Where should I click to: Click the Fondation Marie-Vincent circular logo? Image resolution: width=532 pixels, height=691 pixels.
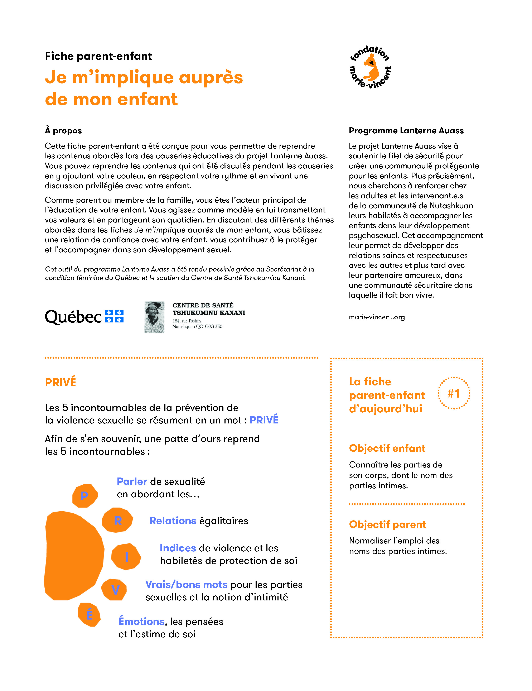370,67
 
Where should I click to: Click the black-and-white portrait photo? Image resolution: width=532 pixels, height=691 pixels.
154,317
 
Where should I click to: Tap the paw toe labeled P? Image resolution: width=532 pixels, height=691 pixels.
84,495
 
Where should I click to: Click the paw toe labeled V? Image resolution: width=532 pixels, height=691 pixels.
115,589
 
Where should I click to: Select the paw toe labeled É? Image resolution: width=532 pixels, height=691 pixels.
90,614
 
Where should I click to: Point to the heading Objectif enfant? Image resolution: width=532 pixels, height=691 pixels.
387,448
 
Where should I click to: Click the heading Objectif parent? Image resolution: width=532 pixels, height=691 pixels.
387,524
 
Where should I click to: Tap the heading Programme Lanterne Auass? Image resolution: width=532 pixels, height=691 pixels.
406,131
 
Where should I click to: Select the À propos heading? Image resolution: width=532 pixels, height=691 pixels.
63,131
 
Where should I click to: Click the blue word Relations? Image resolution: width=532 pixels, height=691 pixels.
173,520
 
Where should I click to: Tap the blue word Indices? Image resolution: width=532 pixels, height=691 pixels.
178,548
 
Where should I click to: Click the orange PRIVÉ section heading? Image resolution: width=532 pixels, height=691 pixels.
61,382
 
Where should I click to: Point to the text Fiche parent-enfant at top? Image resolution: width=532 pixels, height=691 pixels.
98,56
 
